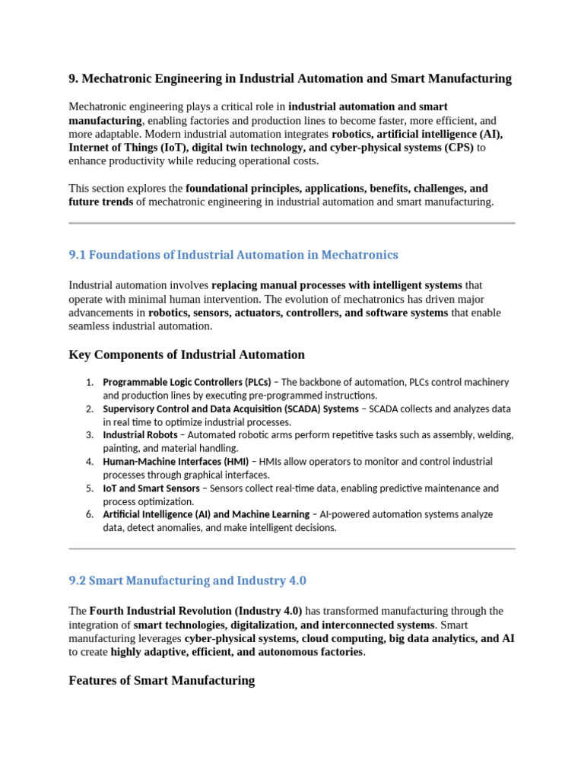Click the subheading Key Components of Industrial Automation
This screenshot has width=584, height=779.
[186, 355]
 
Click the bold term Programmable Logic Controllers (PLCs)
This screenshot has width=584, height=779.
[187, 382]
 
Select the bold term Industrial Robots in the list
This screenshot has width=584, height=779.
[141, 435]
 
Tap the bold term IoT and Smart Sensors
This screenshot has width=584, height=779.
[151, 488]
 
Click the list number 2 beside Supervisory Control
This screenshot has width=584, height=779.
[89, 409]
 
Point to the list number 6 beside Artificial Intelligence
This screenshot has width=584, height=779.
[89, 515]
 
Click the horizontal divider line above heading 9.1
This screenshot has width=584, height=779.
[292, 224]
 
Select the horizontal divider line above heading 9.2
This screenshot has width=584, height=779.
[292, 548]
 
